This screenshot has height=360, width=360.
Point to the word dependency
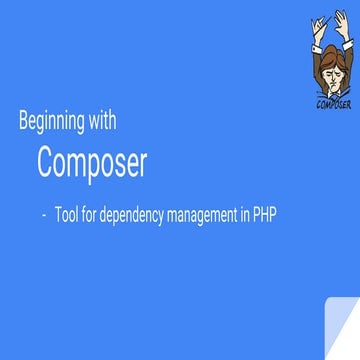(150, 213)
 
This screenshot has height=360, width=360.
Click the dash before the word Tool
(45, 212)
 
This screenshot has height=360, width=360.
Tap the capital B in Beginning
(24, 122)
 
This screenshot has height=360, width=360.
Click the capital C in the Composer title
(47, 162)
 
